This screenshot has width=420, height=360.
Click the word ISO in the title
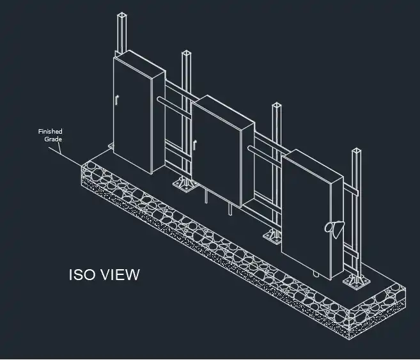[x=81, y=274]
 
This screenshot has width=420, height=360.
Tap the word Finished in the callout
[x=51, y=132]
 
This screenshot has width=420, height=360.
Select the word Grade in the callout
[x=53, y=139]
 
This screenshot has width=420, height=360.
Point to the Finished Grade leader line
[x=65, y=157]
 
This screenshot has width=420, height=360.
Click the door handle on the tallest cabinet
[x=116, y=100]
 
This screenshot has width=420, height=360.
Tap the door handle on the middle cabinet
[x=195, y=145]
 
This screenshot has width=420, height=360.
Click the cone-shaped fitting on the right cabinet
[x=334, y=228]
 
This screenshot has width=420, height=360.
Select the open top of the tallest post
[x=121, y=15]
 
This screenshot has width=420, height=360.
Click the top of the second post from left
[x=186, y=53]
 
